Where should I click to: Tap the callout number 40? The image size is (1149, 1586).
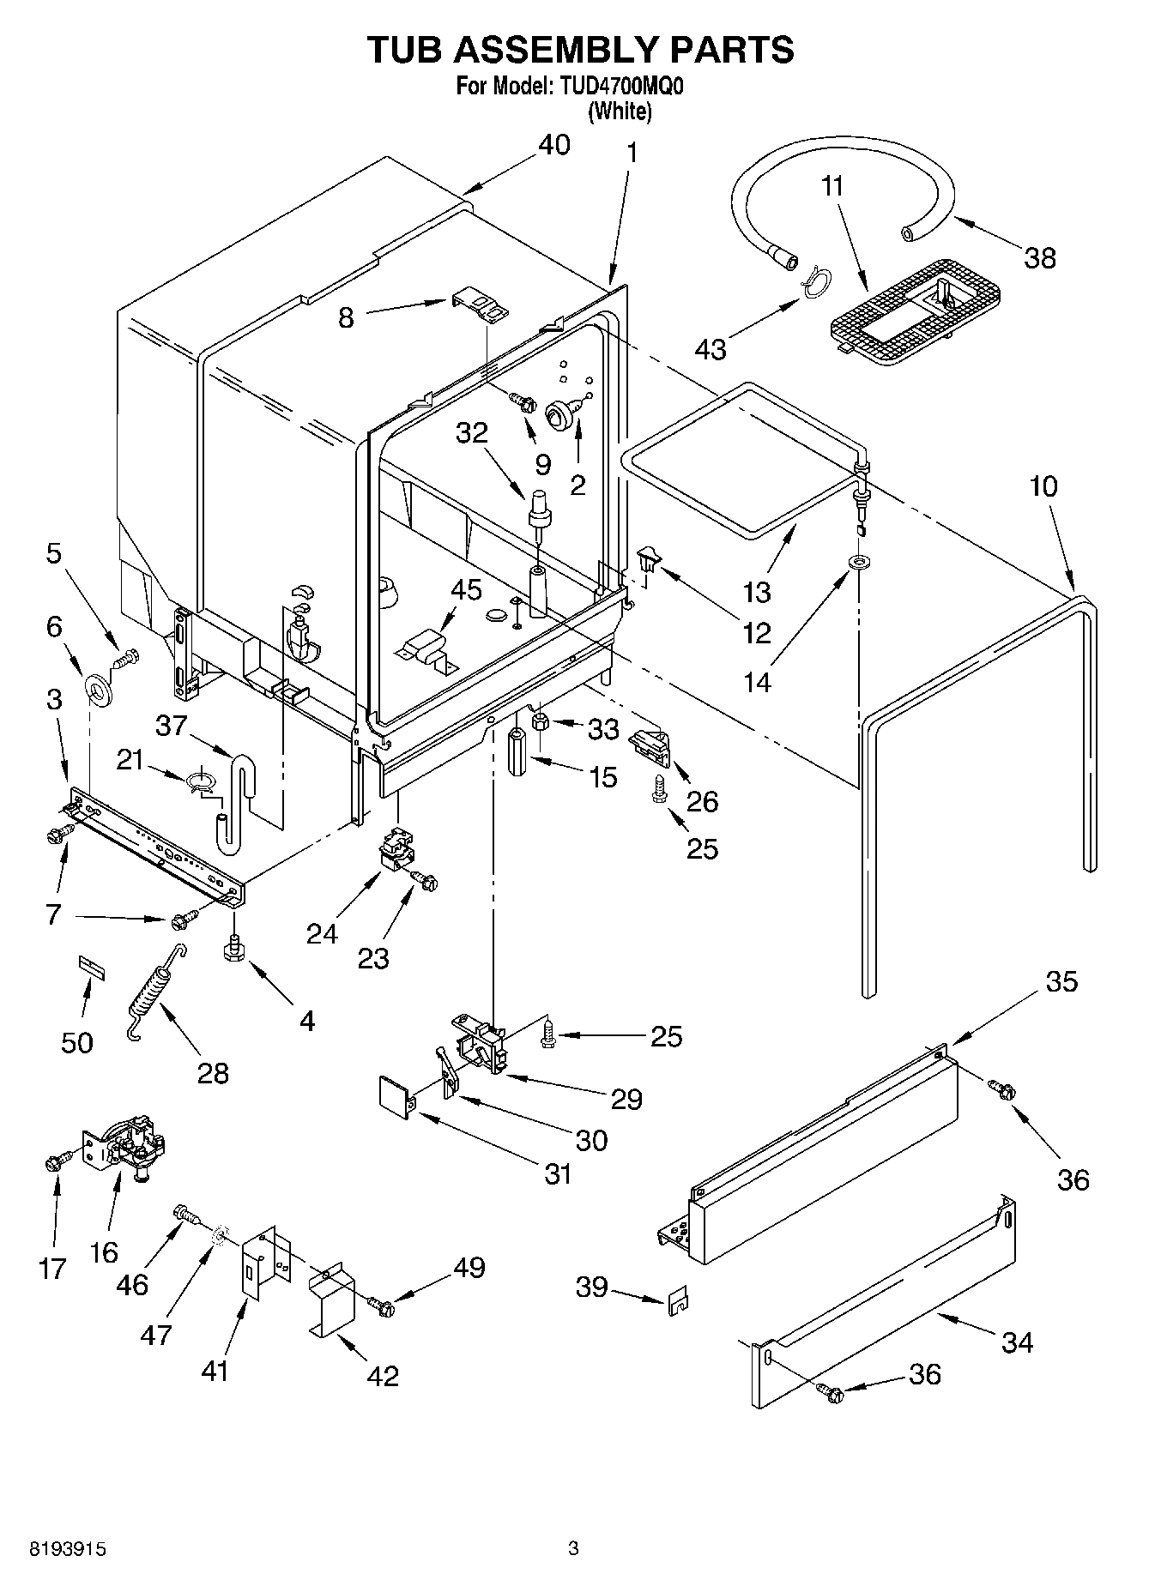553,146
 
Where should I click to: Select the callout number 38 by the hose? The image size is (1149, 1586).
1040,257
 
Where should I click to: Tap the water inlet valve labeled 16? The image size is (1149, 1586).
127,1146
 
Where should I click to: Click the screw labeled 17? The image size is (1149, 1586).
53,1163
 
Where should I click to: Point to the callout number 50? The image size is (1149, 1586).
77,1042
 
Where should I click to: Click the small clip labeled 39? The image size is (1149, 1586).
677,1302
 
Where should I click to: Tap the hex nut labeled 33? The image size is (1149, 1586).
541,722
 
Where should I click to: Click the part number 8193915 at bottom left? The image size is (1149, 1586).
68,1549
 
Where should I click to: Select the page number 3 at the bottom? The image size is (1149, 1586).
574,1548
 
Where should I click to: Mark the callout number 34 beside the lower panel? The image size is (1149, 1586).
1018,1341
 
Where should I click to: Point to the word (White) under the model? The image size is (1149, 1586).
620,111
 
